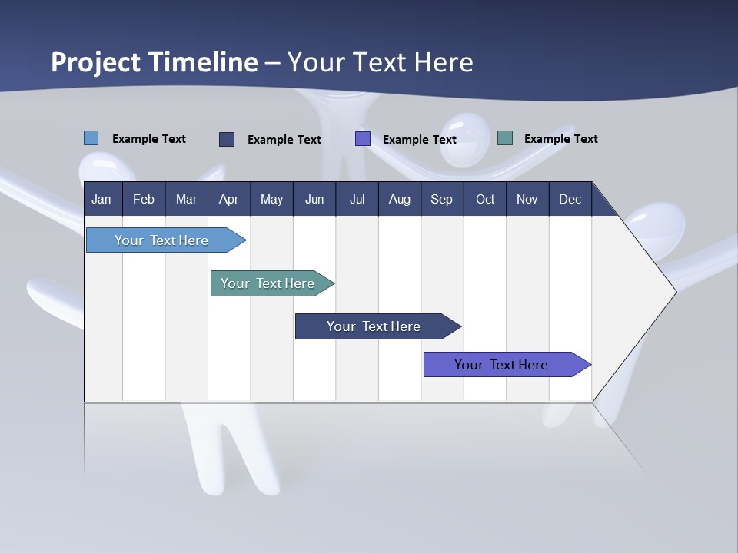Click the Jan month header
[x=101, y=199]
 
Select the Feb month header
[x=144, y=199]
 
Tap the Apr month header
[x=228, y=199]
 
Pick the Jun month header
[x=314, y=199]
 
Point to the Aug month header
[x=399, y=199]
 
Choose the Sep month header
[x=441, y=199]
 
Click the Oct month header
[x=485, y=199]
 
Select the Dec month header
[x=570, y=199]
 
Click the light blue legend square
[x=91, y=138]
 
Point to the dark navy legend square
[x=227, y=139]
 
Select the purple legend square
[x=363, y=139]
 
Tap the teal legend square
[x=505, y=138]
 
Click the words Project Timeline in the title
[x=155, y=62]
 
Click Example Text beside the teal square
[x=560, y=138]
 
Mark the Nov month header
[x=527, y=199]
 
